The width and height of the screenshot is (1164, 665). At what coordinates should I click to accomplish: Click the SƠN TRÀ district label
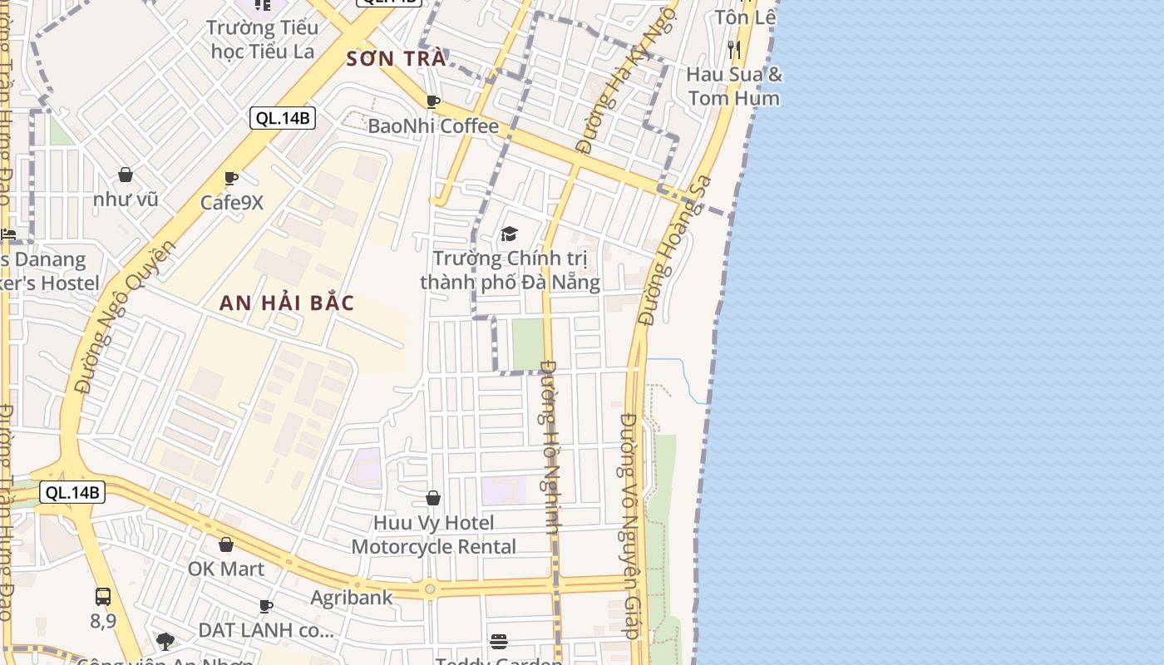point(396,59)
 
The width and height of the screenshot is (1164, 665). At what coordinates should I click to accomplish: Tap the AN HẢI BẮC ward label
point(287,303)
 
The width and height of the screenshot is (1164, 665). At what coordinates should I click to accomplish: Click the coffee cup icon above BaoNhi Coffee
point(432,101)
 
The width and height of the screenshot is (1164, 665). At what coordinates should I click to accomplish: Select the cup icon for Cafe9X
point(231,178)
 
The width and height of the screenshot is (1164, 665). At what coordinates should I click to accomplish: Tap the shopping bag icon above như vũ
point(126,175)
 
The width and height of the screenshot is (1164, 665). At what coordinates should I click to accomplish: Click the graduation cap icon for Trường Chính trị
point(509,234)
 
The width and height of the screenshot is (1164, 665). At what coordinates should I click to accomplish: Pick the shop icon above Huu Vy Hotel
point(432,498)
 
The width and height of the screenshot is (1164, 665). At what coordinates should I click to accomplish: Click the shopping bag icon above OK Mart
point(225,544)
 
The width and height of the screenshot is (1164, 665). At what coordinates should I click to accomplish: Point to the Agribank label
point(352,598)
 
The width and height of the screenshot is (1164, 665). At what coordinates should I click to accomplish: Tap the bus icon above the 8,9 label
point(103,596)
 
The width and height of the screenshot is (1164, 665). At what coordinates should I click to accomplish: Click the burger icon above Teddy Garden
point(499,641)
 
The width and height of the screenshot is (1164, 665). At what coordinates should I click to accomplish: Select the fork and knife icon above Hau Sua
point(733,49)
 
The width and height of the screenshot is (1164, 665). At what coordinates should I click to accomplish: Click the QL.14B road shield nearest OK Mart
point(72,492)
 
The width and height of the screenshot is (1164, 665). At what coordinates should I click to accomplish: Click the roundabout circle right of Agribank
point(430,589)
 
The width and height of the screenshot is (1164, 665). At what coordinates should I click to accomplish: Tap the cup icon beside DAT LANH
point(266,606)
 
